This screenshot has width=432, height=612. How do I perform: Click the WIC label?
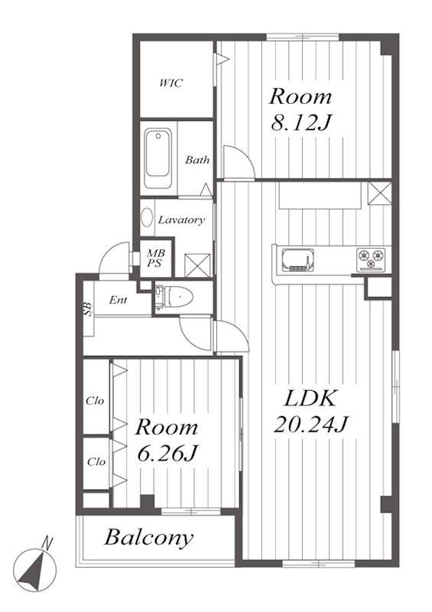point(171,83)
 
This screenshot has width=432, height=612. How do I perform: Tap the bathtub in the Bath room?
point(158,158)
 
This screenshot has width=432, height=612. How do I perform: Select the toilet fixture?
point(174,298)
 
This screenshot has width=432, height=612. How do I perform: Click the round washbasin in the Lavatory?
point(147,217)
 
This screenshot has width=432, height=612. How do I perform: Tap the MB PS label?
point(155,258)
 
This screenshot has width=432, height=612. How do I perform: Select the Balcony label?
point(148,538)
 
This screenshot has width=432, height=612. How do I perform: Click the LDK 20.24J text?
point(310,412)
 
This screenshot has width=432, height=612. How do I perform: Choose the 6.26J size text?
point(167,453)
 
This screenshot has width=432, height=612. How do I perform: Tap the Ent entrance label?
point(118,300)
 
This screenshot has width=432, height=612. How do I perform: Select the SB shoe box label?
point(88,310)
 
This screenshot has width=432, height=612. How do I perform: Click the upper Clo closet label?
point(96,401)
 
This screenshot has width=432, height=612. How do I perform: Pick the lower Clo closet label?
point(96,462)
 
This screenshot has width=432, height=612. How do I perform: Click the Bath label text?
point(197,160)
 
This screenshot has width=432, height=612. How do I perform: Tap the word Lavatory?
point(181,220)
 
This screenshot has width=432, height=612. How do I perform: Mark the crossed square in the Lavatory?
point(197,265)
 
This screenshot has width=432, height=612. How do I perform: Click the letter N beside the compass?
point(47,543)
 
